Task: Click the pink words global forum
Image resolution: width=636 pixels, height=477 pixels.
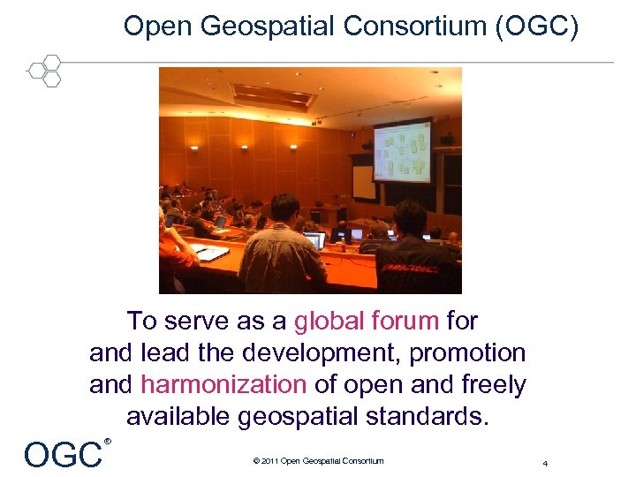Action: tap(367, 320)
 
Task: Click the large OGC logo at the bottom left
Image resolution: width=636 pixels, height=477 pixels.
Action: tap(63, 454)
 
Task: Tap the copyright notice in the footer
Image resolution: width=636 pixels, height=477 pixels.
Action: tap(318, 461)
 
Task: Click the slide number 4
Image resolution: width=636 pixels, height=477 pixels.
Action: tap(546, 463)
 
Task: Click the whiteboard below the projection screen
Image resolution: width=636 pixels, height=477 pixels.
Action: tap(364, 181)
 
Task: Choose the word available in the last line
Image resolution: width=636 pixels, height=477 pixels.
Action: tap(178, 417)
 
